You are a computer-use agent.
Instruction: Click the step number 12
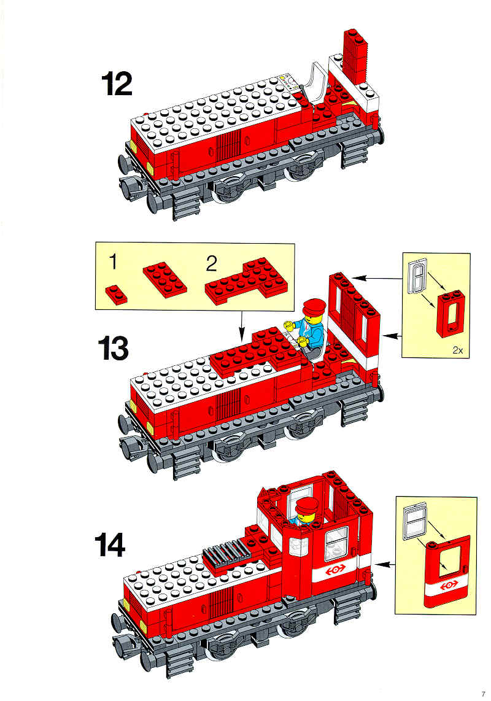tap(117, 84)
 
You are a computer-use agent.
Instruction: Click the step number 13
tap(113, 349)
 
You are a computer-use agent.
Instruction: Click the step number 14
tap(110, 546)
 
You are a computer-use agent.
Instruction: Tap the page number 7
tap(483, 694)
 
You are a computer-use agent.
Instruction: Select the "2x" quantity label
tap(457, 350)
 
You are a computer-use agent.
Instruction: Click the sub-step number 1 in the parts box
tap(113, 261)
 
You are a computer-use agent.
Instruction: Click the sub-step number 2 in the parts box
tap(211, 263)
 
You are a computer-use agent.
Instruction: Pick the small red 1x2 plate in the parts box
tap(116, 295)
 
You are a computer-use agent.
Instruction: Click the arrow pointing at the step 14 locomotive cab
tap(384, 565)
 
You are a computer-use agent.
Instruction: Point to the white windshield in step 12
tap(317, 83)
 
